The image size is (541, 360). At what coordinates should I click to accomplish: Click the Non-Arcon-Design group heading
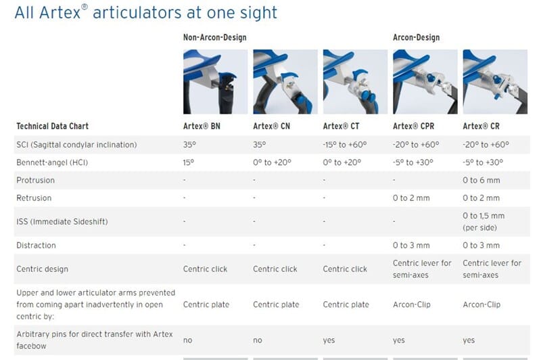coord(214,38)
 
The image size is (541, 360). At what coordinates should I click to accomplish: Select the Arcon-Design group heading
coord(417,38)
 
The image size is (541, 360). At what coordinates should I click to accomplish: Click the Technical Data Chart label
coord(52,126)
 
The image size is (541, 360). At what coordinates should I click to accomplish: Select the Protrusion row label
coord(35,181)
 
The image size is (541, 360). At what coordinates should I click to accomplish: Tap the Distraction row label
coord(36,246)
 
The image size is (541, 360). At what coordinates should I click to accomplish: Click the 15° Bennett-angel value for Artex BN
coord(189,163)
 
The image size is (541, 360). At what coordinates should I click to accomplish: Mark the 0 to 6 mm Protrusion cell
coord(481,181)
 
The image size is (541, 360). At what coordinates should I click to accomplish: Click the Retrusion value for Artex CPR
coord(411,198)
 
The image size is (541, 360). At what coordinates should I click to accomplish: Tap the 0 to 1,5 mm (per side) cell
coord(484,221)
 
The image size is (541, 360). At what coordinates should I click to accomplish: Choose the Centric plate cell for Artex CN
coord(276,305)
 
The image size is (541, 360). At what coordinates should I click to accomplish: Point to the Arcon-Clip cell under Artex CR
coord(481,305)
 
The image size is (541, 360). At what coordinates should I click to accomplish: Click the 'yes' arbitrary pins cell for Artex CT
coord(329,340)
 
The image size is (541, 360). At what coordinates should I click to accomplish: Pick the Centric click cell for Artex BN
coord(206,269)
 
